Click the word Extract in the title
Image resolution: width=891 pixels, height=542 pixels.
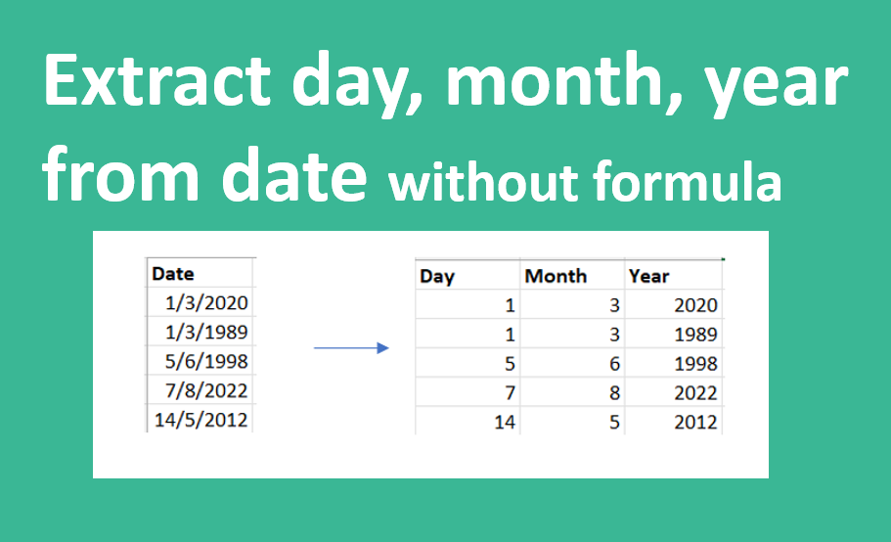pyautogui.click(x=156, y=79)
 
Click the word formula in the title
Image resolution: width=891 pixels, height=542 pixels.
pyautogui.click(x=687, y=180)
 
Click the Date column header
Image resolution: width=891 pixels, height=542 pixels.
pyautogui.click(x=173, y=274)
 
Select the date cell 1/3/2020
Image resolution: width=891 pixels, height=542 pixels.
pyautogui.click(x=206, y=303)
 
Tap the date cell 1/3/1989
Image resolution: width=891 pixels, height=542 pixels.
pyautogui.click(x=206, y=332)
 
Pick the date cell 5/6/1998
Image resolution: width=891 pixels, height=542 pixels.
pyautogui.click(x=206, y=361)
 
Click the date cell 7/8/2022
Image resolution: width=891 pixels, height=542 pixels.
pyautogui.click(x=206, y=391)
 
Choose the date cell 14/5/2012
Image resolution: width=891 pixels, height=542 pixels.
pyautogui.click(x=201, y=420)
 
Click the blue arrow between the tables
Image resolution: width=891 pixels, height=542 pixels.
pyautogui.click(x=351, y=347)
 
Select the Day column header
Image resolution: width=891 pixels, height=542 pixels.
pyautogui.click(x=437, y=277)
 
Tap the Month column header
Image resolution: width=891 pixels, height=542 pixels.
pyautogui.click(x=556, y=276)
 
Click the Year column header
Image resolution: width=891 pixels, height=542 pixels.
pyautogui.click(x=648, y=276)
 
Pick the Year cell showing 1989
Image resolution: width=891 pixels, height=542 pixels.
pyautogui.click(x=695, y=335)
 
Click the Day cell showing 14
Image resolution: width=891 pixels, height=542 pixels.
pyautogui.click(x=505, y=422)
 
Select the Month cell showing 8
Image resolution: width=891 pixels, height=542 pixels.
pyautogui.click(x=614, y=393)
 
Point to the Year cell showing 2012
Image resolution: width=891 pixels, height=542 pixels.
pyautogui.click(x=695, y=422)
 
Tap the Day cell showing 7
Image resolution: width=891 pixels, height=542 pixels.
pyautogui.click(x=510, y=393)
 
